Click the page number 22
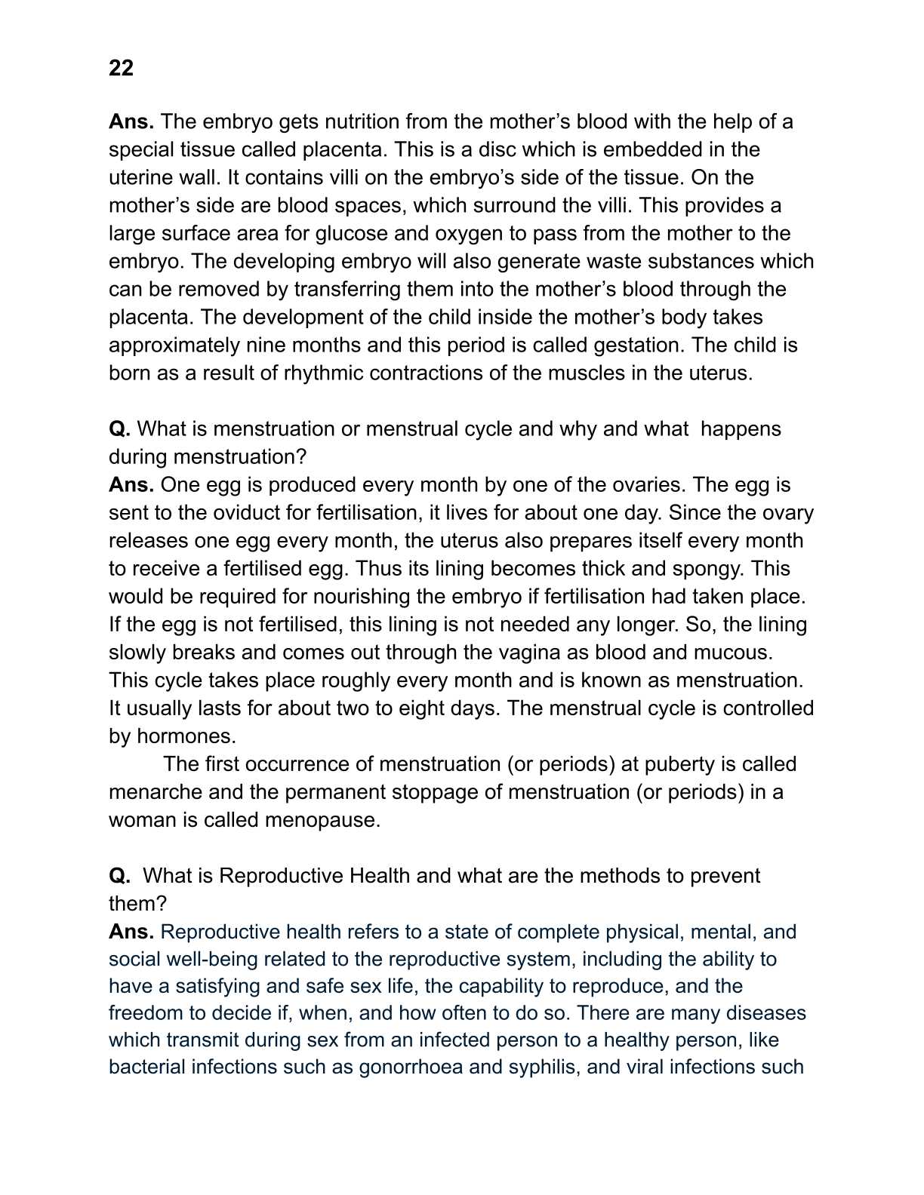121,68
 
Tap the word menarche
155,792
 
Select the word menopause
322,820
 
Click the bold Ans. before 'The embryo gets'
131,121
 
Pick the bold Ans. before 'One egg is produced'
131,484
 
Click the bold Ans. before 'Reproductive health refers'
131,932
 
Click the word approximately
174,345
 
